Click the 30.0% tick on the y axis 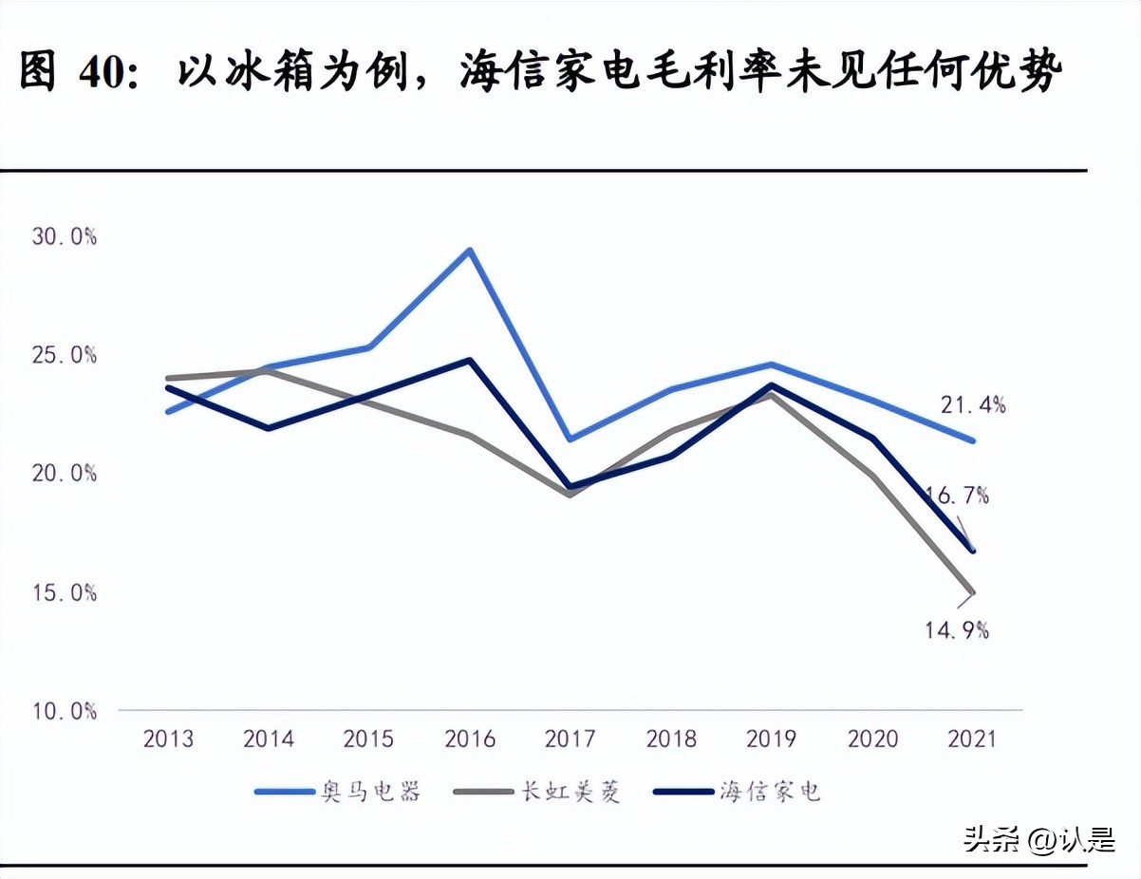tap(64, 237)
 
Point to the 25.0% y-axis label tap(64, 356)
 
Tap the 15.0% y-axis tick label tap(64, 592)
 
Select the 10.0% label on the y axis tap(64, 711)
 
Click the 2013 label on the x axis tap(168, 739)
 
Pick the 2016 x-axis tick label tap(470, 739)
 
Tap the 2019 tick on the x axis tap(772, 739)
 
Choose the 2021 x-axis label tap(971, 739)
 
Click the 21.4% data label tap(973, 405)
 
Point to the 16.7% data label tap(957, 495)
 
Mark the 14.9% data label tap(957, 628)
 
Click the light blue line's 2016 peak tap(470, 251)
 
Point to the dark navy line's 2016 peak tap(470, 360)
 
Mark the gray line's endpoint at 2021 tap(972, 593)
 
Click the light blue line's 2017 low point tap(570, 439)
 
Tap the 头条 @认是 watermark tap(1038, 839)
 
